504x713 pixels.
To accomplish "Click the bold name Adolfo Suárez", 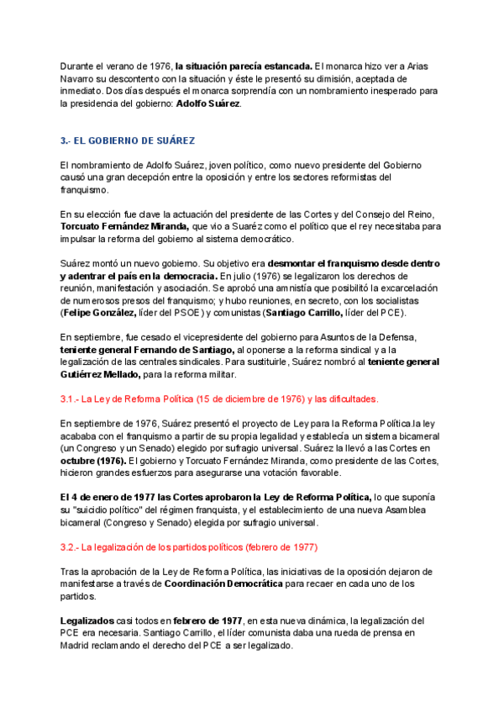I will pos(207,104).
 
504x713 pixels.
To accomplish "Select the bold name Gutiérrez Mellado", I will pos(104,374).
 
